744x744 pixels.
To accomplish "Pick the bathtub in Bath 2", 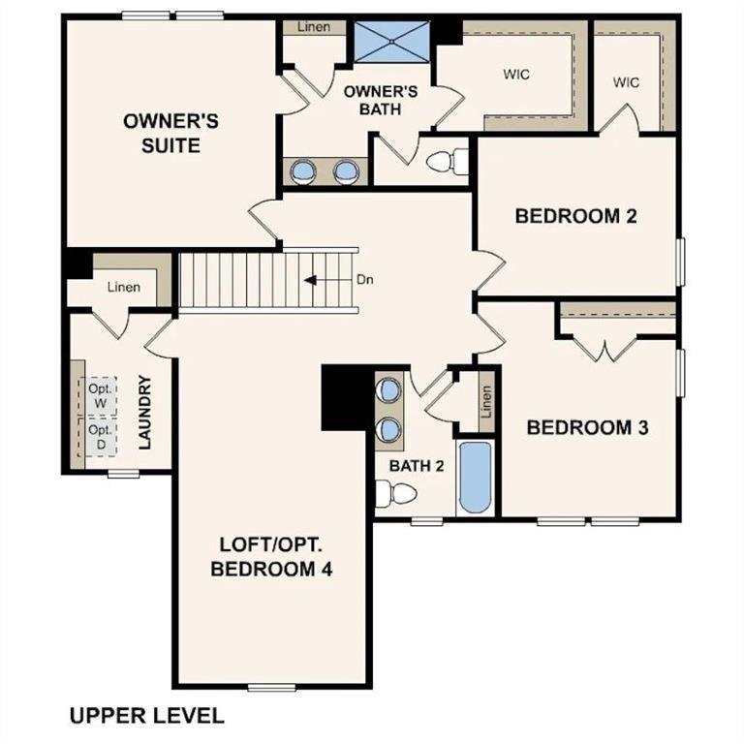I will [x=476, y=478].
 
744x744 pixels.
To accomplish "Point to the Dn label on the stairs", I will [x=364, y=281].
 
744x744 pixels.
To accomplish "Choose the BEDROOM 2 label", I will [x=575, y=216].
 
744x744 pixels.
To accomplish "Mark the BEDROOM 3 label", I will [x=586, y=427].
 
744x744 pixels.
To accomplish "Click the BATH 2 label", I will [x=417, y=466].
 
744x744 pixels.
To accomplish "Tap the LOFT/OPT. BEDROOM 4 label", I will [x=271, y=556].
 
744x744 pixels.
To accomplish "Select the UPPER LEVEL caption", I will [x=146, y=716].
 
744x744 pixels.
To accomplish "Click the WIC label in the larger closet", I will [x=516, y=74].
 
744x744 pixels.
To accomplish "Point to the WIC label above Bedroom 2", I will [x=626, y=82].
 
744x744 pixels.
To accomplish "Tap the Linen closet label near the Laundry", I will [x=123, y=287].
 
